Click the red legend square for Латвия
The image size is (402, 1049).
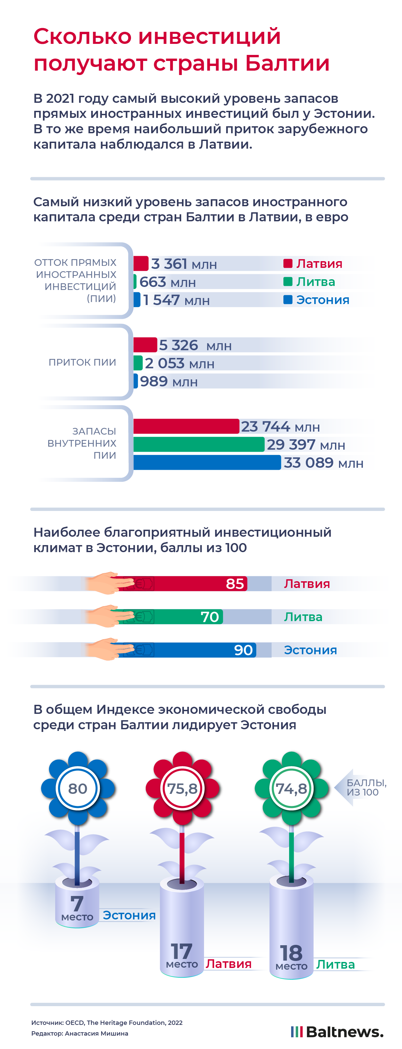pos(287,264)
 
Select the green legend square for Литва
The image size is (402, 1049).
pos(287,281)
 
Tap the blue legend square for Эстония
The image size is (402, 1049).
pos(287,300)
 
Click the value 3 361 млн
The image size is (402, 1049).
pos(184,264)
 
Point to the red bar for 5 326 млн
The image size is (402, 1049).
pos(145,345)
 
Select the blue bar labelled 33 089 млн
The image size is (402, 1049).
pos(207,463)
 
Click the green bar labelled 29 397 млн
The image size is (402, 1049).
pos(199,444)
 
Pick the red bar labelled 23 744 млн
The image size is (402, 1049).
pos(186,426)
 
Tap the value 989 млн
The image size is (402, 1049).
pos(169,382)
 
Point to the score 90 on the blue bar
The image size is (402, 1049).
pos(243,650)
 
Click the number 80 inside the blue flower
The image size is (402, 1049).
pos(77,789)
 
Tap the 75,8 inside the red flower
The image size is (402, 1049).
pos(182,789)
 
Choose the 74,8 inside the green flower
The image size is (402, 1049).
pos(291,789)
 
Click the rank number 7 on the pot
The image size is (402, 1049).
pos(77,903)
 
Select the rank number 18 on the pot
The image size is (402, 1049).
pos(291,953)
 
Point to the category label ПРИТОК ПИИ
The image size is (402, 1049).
pos(82,362)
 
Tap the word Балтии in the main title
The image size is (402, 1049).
pos(287,64)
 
